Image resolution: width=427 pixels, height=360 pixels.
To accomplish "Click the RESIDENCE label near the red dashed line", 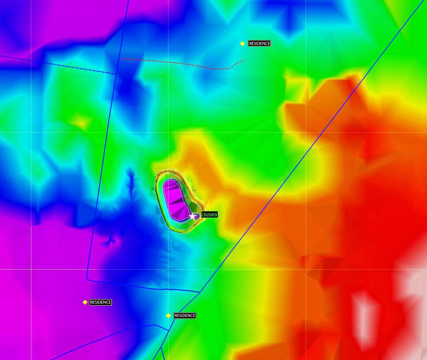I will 259,43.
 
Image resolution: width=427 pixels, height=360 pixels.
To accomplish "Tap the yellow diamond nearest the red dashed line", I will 242,43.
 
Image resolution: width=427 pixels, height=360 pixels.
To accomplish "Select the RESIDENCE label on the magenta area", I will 100,302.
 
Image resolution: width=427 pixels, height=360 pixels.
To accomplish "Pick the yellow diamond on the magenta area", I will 85,302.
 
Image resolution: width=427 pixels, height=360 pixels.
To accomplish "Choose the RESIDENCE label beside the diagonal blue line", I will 185,316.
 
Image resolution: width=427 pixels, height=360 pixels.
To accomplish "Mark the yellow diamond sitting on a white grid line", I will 168,316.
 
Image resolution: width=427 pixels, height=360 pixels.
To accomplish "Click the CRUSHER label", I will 209,215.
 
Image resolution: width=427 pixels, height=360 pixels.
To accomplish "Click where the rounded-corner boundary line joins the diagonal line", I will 199,292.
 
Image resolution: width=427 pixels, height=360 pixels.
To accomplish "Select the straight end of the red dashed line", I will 122,59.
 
